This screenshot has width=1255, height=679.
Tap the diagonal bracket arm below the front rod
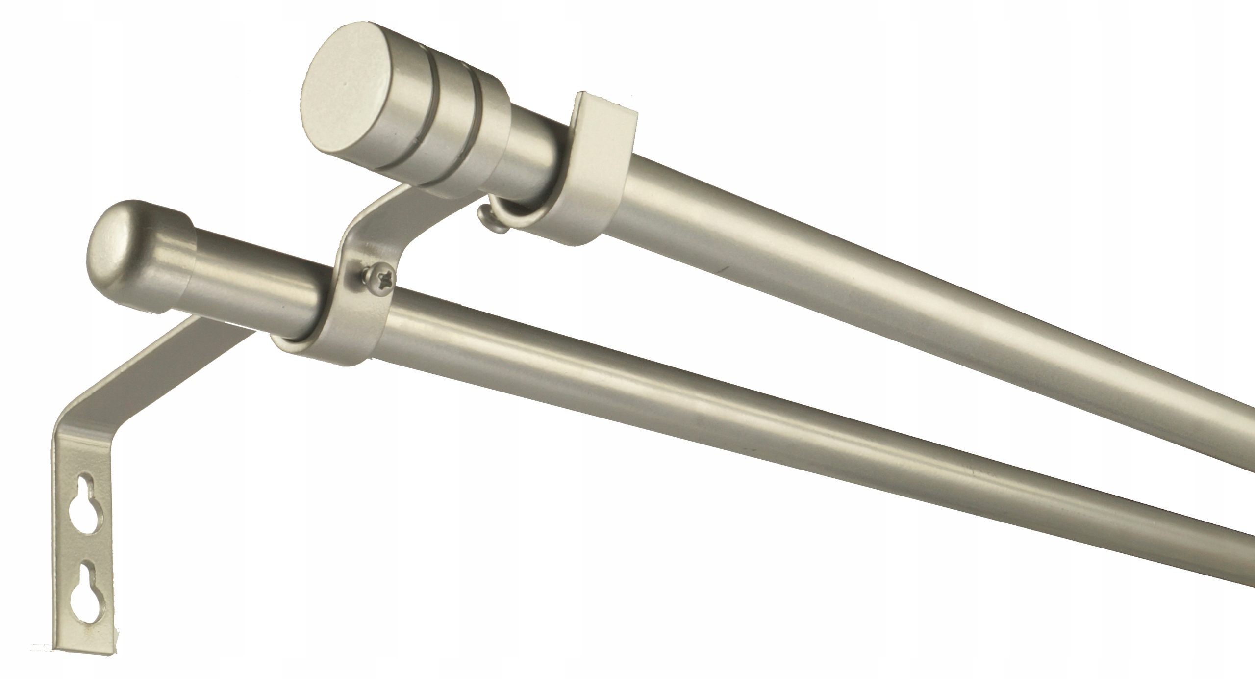(157, 373)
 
